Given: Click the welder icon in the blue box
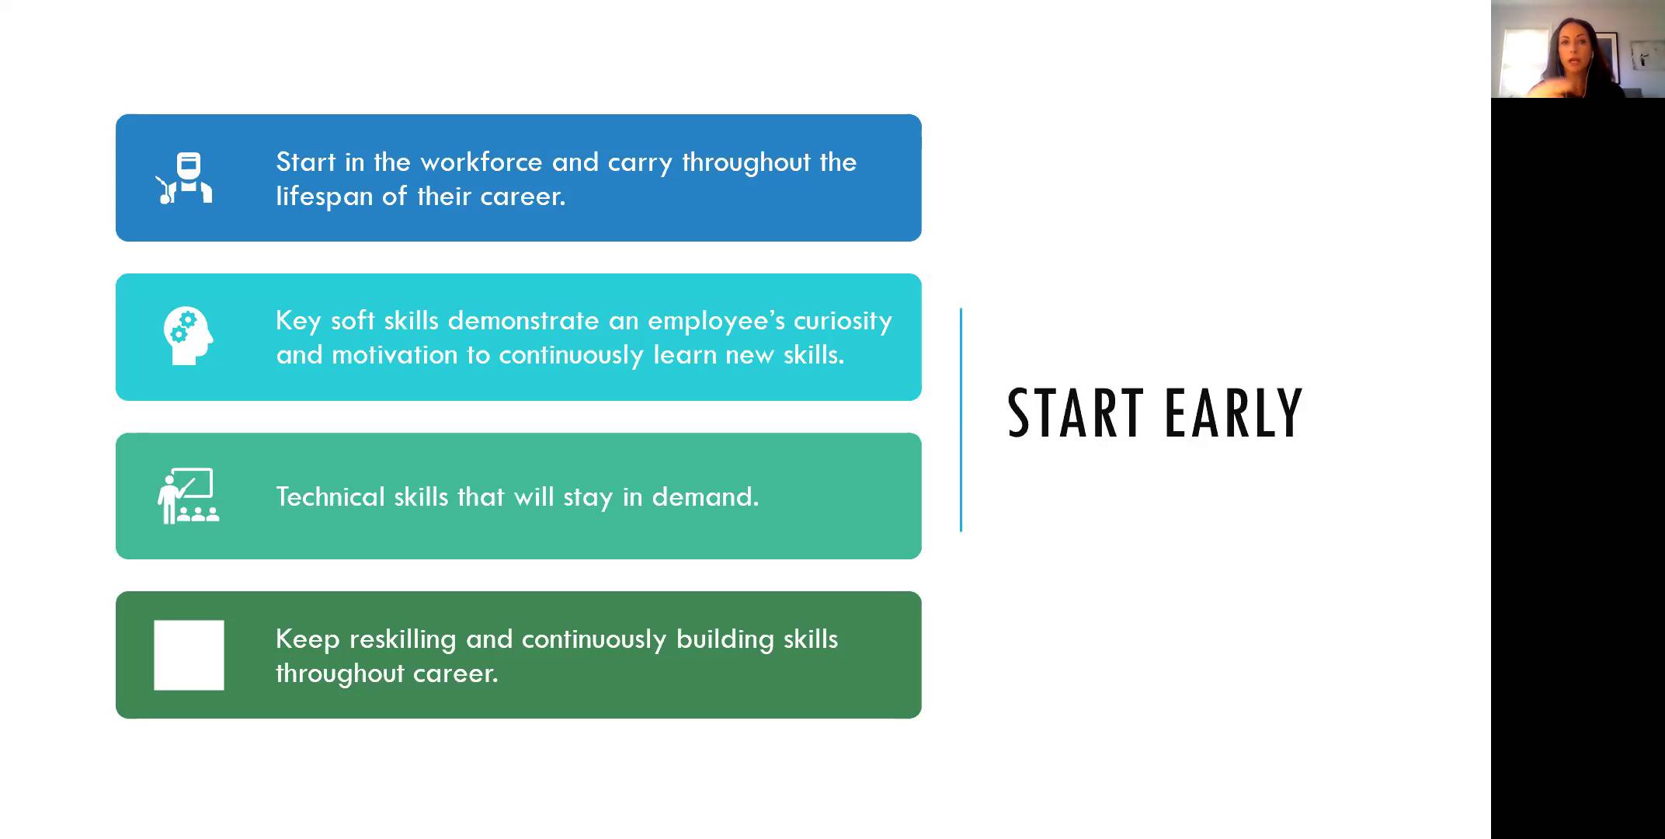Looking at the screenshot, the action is (185, 179).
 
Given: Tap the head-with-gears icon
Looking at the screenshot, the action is (188, 336).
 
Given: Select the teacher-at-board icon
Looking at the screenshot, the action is (188, 496).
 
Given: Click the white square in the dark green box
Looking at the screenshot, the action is (189, 655).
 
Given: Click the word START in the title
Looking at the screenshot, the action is (1075, 413).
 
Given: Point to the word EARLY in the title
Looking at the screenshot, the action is (1234, 413).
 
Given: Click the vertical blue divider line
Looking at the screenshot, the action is (961, 419).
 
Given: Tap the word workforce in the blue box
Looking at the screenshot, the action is (481, 162).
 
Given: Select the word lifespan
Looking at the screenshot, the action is (325, 197).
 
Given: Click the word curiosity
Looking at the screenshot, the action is (843, 321).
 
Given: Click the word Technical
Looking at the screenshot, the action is (331, 496).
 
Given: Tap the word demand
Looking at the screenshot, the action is (705, 496).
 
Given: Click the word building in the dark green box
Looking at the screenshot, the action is (725, 639).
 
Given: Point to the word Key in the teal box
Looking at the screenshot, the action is (298, 321).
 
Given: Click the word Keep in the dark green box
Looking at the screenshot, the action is (308, 639).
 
